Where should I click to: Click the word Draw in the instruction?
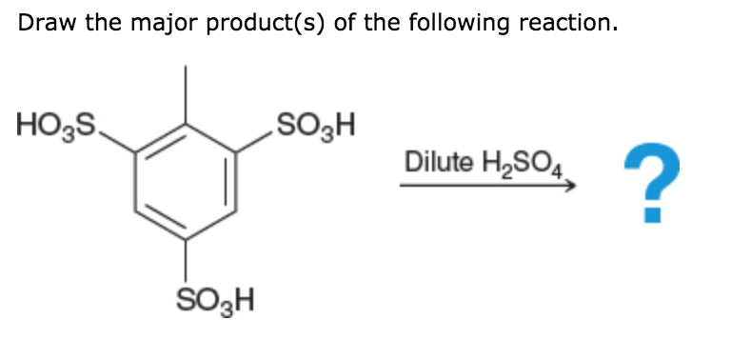(x=43, y=24)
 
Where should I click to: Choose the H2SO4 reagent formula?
(x=519, y=163)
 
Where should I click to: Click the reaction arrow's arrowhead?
(x=571, y=187)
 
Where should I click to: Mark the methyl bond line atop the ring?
(x=185, y=93)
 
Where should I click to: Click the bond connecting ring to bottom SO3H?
(x=185, y=260)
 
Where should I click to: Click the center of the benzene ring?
(x=185, y=180)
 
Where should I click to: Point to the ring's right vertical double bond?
(x=232, y=180)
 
